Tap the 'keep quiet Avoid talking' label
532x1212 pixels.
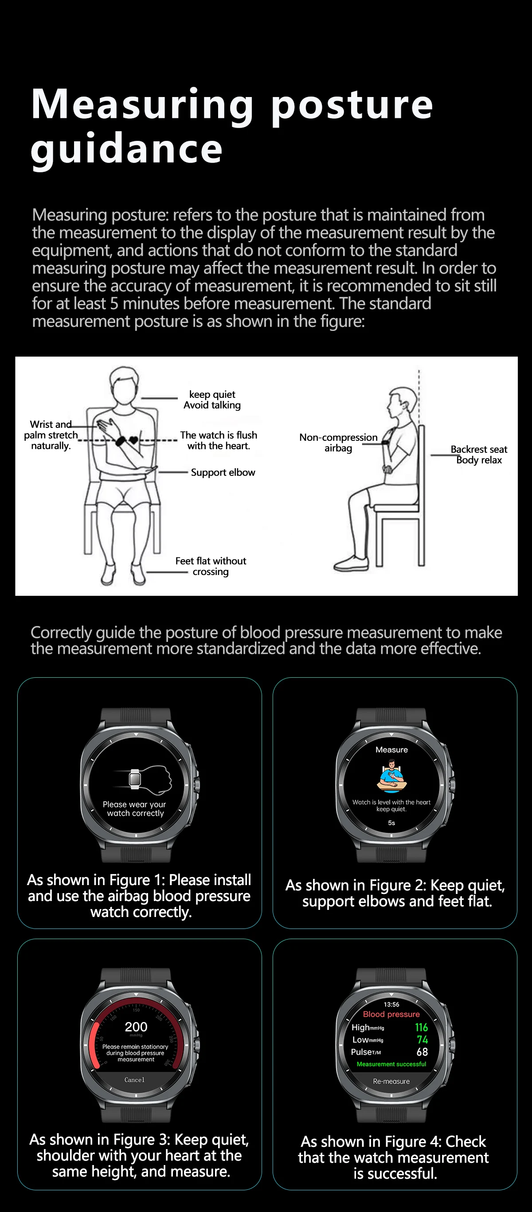coord(212,400)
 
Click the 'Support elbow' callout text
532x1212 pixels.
coord(223,472)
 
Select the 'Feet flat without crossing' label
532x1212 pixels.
coord(211,566)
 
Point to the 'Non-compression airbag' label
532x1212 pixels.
coord(338,442)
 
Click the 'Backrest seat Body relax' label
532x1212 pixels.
coord(479,454)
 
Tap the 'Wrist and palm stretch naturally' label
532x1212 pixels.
coord(51,435)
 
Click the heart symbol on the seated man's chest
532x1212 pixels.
coord(134,441)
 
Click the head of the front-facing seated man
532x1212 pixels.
coord(124,385)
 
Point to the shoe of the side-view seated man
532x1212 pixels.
coord(351,563)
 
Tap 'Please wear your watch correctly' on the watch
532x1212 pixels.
coord(135,809)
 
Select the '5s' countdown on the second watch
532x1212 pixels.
coord(391,823)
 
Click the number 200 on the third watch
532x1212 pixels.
coord(136,1027)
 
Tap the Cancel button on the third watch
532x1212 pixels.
coord(135,1080)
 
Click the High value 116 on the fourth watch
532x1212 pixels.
coord(421,1028)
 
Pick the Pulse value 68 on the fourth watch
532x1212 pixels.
coord(422,1052)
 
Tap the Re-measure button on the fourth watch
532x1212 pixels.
coord(391,1082)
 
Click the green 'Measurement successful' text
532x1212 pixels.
coord(391,1064)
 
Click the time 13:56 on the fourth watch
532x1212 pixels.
coord(391,1005)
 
